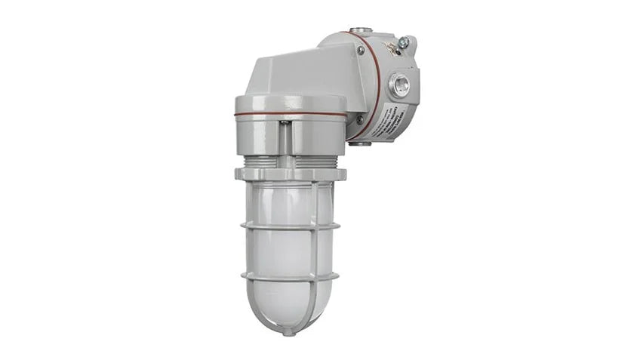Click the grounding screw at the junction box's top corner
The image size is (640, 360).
[405, 43]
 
